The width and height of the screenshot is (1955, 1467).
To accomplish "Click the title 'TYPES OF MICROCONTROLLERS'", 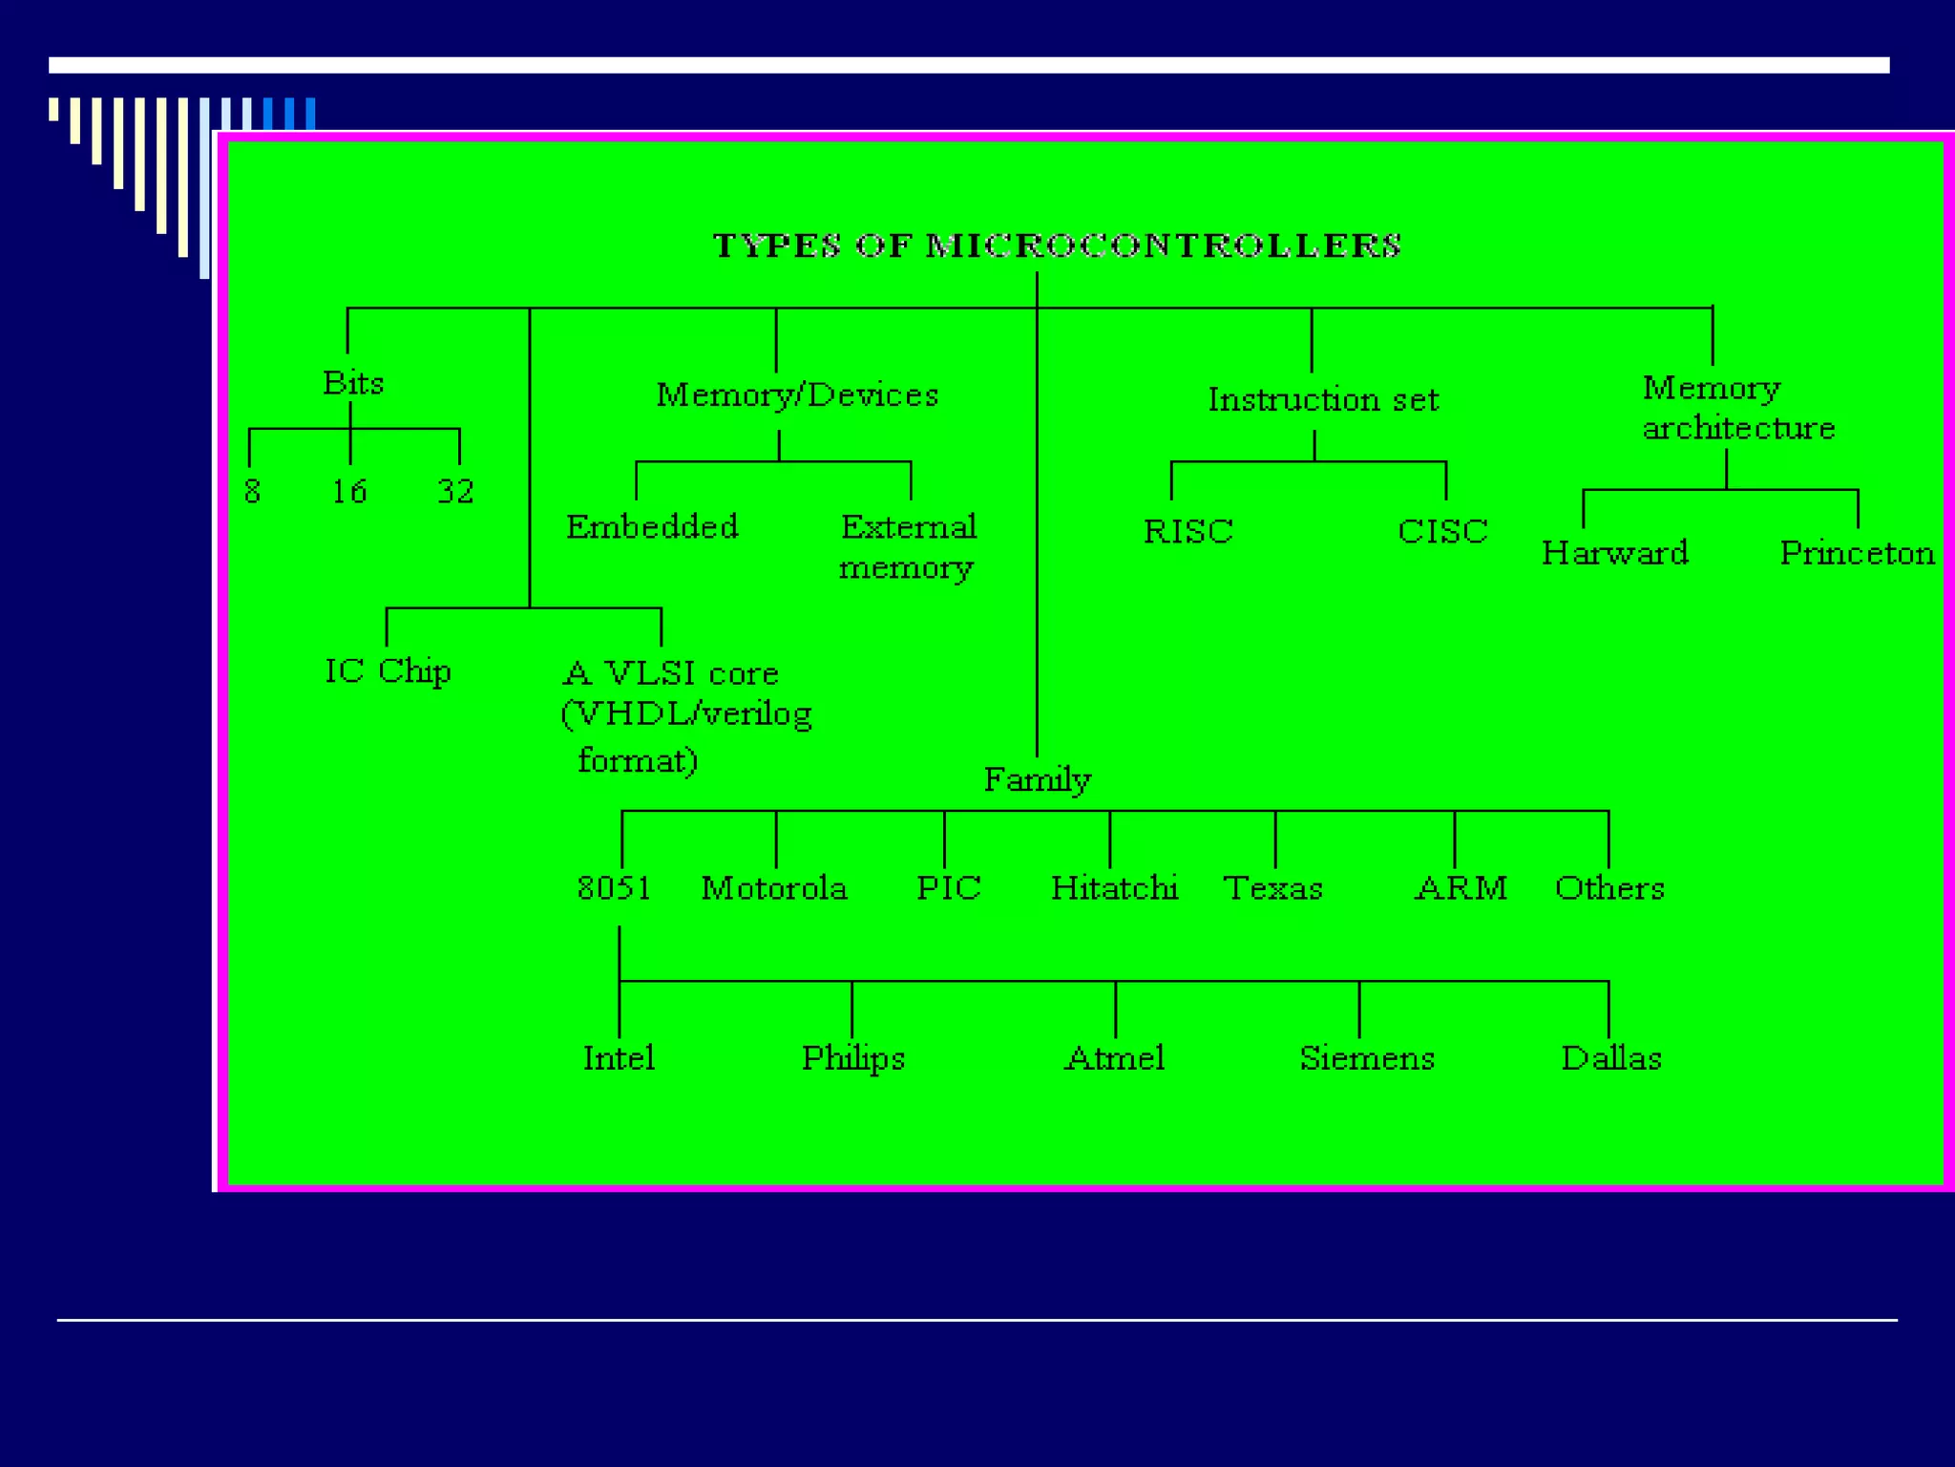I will [1057, 245].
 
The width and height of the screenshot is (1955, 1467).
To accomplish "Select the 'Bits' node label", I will [353, 383].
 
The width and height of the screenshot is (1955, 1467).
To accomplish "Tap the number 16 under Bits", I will [349, 492].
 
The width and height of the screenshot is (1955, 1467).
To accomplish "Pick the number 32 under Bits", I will [455, 492].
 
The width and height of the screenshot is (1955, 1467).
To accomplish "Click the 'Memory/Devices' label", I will [797, 394].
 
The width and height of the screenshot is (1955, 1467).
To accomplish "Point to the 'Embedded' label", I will [652, 526].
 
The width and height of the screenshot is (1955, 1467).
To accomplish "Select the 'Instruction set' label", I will [1323, 399].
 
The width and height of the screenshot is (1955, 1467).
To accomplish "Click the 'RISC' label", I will [1188, 531].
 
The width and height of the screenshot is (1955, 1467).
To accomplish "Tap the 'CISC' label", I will [1442, 531].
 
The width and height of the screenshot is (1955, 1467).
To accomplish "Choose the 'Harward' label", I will [1615, 553].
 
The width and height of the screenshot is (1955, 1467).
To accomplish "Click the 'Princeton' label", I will [1857, 553].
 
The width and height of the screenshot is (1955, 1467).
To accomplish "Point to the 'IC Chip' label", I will [388, 671].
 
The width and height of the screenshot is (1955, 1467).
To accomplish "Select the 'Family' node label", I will [1038, 780].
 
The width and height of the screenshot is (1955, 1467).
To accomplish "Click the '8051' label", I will [615, 888].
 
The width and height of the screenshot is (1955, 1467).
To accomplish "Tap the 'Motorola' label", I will [774, 888].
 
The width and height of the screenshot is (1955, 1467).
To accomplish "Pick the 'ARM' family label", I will [1461, 888].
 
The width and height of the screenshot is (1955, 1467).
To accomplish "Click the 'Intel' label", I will [619, 1058].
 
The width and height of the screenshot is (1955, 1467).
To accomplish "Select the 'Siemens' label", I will [1367, 1058].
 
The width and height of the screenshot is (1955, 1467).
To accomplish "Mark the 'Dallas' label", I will [1611, 1058].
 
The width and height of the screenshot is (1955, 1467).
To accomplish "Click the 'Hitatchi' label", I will [1114, 888].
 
